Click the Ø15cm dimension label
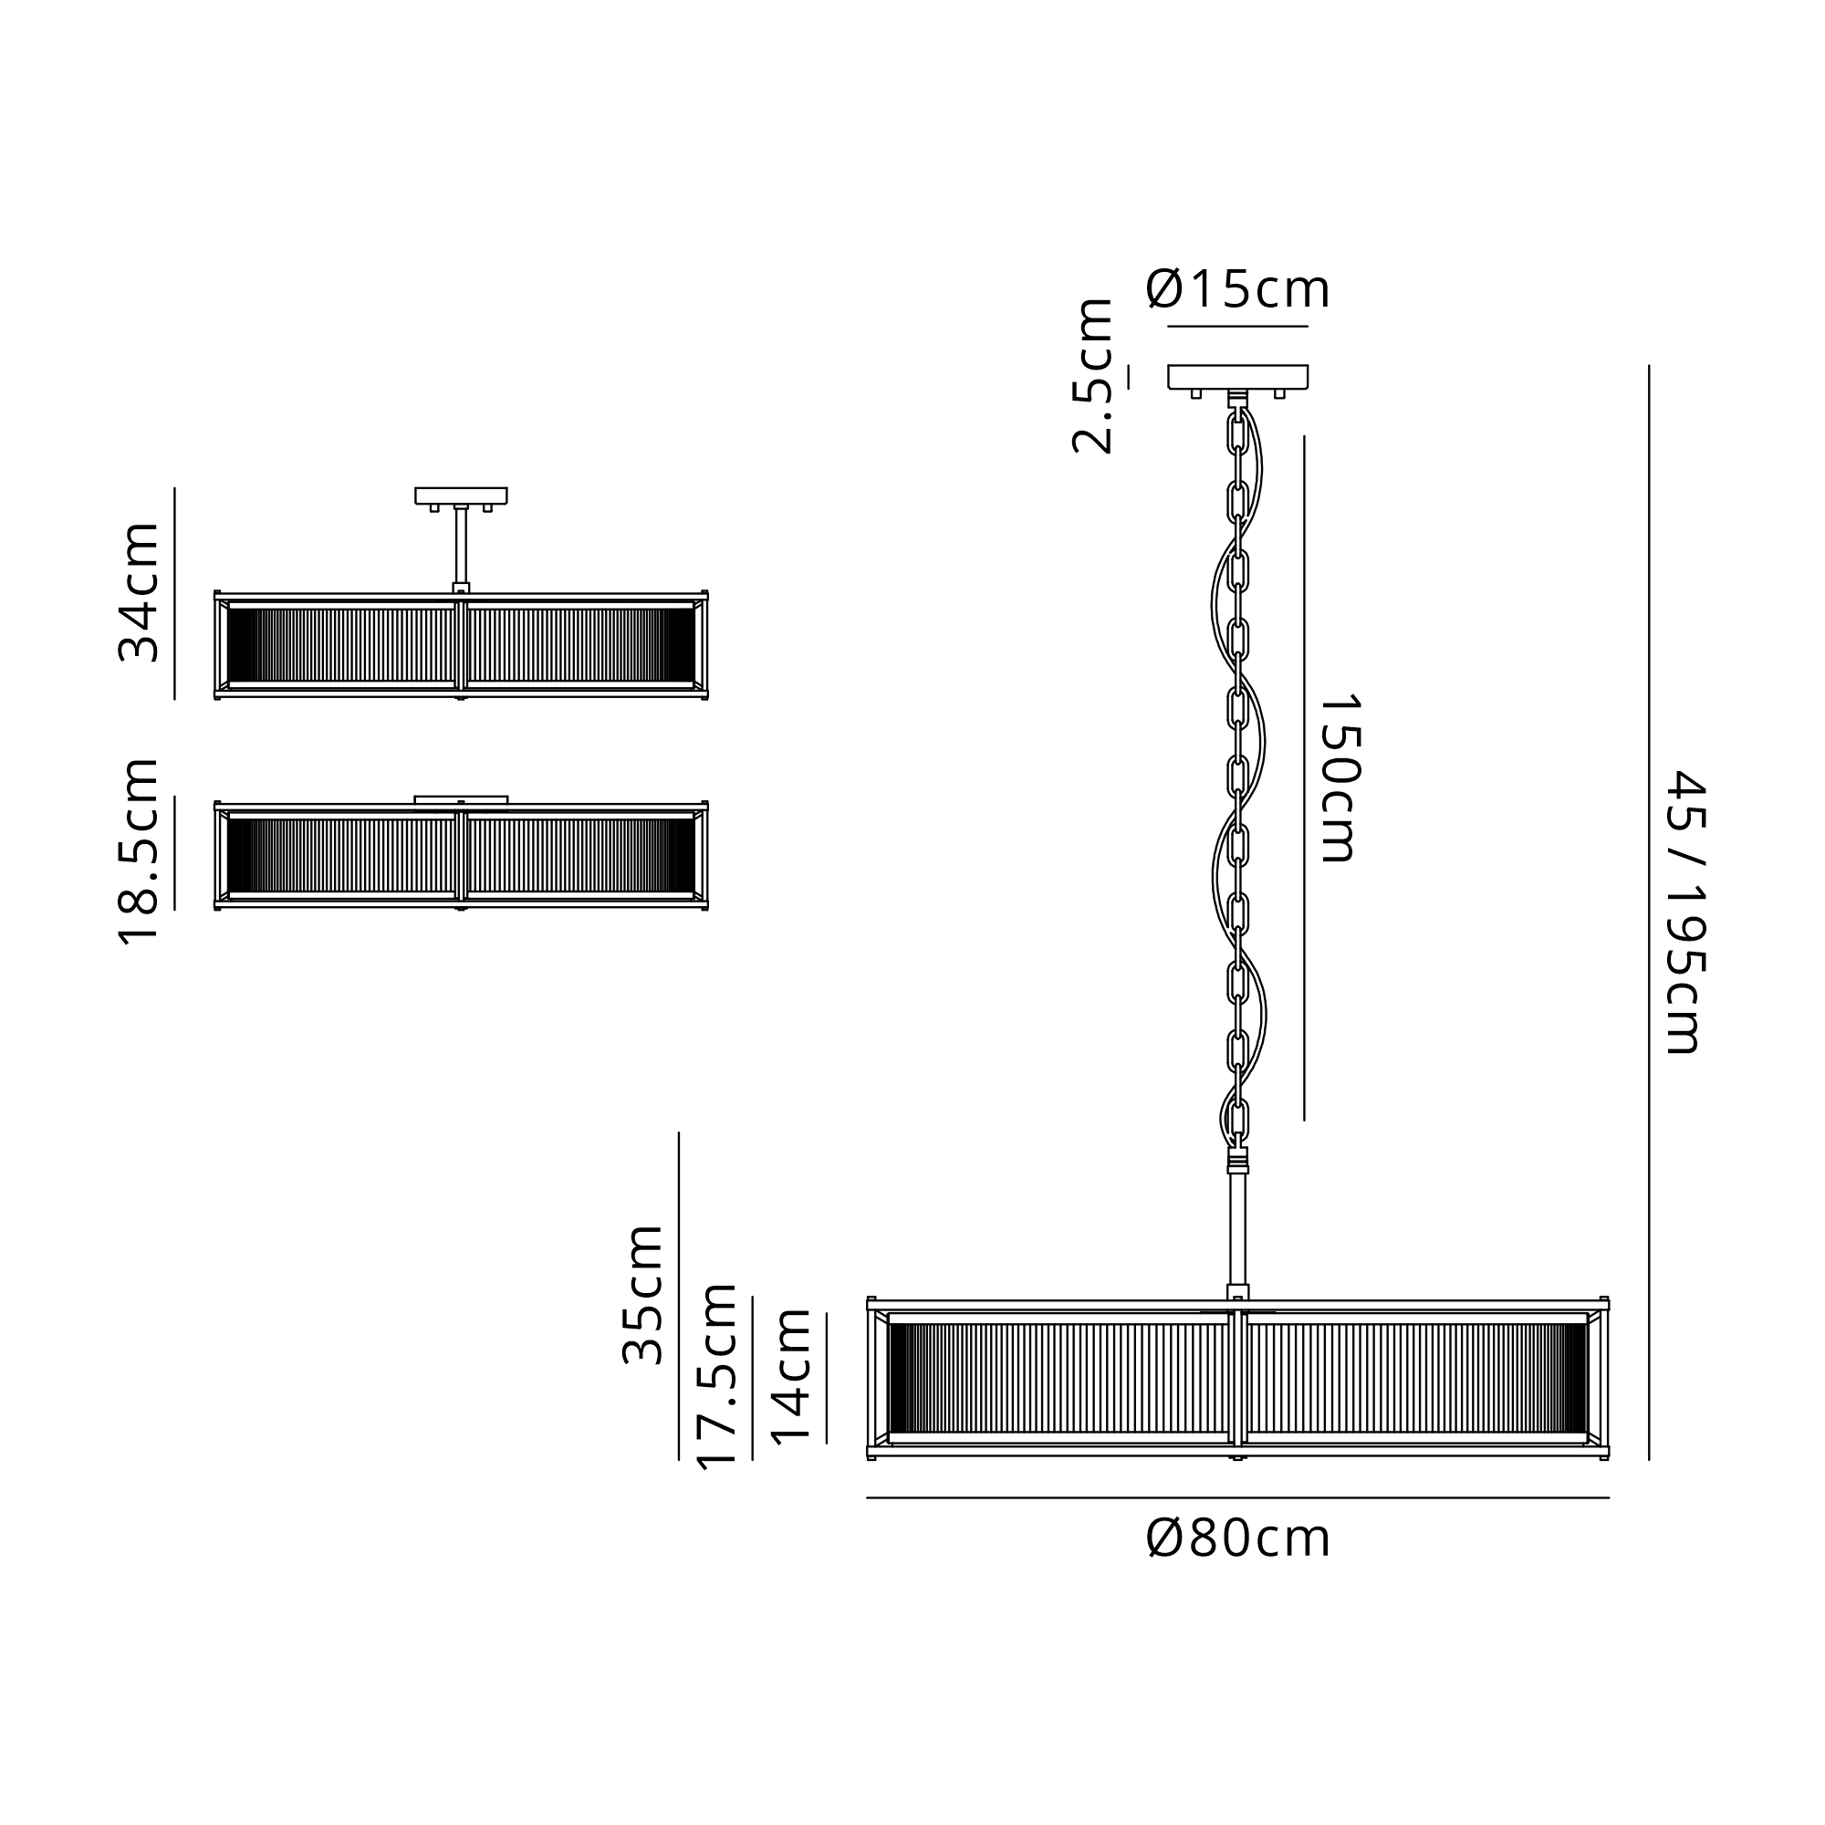click(1237, 289)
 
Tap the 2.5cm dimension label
click(1093, 376)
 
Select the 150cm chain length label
click(1339, 778)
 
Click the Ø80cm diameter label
click(1237, 1538)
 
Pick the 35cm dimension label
click(643, 1294)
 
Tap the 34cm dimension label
click(139, 591)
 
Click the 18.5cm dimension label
click(139, 851)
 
